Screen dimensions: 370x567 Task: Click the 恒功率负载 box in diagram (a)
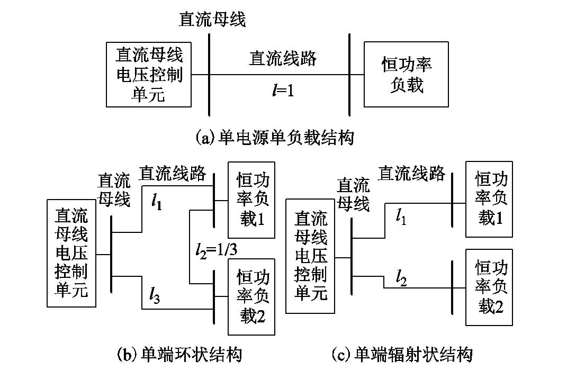(407, 75)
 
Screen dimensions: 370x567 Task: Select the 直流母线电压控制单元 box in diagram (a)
(149, 75)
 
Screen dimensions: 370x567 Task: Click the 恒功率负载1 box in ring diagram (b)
(251, 200)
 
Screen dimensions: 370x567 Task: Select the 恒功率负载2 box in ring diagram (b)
(251, 296)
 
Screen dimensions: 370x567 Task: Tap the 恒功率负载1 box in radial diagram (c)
(489, 198)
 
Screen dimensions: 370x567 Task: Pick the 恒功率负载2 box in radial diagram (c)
(489, 287)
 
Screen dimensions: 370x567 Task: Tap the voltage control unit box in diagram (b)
(71, 253)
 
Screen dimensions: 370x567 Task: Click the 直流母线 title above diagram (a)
(212, 20)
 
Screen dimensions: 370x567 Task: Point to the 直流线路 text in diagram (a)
(283, 58)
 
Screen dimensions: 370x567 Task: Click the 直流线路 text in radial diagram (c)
(411, 173)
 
